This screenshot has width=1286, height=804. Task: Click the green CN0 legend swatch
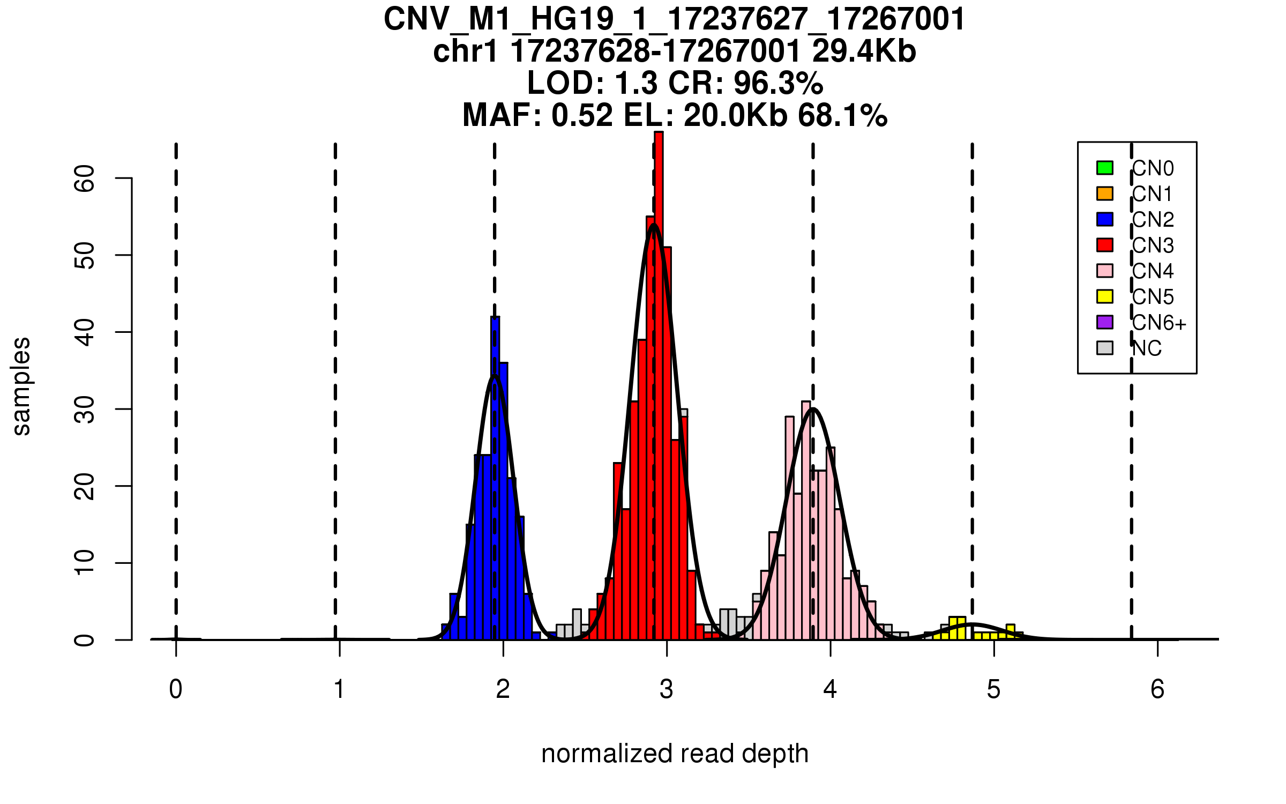(1104, 168)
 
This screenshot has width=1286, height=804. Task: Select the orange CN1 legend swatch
(1104, 193)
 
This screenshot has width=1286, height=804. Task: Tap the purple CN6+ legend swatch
(1104, 322)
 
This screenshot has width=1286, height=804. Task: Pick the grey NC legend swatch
(1104, 348)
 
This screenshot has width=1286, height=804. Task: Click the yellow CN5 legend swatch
(1104, 296)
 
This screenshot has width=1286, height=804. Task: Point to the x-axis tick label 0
(176, 689)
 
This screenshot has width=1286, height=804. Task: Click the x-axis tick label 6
(1157, 689)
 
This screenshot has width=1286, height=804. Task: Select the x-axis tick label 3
(667, 689)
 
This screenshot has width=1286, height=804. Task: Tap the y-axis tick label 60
(85, 178)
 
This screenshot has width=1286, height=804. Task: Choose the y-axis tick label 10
(85, 563)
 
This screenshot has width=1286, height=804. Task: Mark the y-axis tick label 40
(85, 332)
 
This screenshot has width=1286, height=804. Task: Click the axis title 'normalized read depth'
(675, 754)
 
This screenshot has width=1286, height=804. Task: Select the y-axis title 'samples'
(21, 386)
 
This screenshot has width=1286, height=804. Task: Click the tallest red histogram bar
(659, 375)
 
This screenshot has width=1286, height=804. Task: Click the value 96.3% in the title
(778, 83)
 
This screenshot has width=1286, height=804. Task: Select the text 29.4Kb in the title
(864, 51)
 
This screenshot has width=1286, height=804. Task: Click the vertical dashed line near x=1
(335, 375)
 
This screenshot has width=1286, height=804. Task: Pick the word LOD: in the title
(566, 83)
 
